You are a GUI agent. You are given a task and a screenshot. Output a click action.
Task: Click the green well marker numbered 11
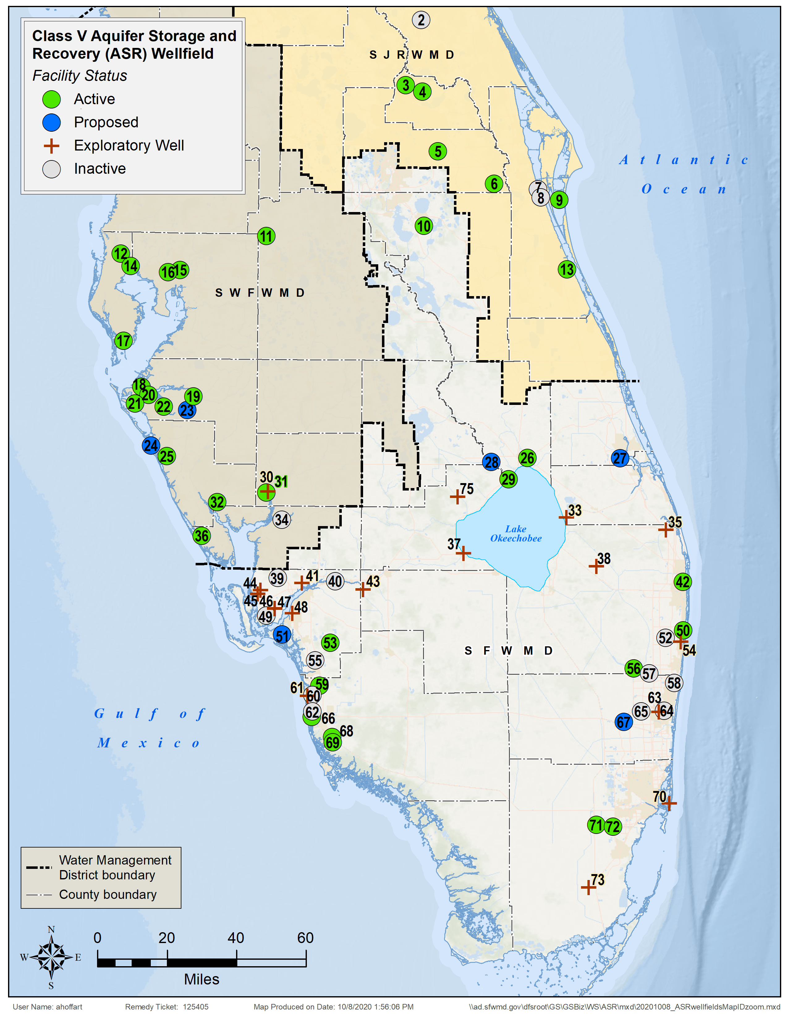(266, 236)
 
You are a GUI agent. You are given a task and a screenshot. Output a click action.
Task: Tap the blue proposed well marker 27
(620, 458)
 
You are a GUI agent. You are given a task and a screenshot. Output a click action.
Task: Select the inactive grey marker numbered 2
(421, 20)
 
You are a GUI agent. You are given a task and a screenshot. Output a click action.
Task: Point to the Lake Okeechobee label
(515, 533)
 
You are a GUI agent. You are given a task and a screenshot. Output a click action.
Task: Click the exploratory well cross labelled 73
(588, 887)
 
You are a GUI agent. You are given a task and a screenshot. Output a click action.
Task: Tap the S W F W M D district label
(260, 293)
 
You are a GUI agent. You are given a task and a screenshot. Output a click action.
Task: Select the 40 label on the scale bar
(236, 938)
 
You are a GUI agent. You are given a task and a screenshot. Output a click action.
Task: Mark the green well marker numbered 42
(682, 582)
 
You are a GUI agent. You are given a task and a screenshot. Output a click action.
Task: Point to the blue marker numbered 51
(282, 635)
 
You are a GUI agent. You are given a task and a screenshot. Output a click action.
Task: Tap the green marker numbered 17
(123, 341)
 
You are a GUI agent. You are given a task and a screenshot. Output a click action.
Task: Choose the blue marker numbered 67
(624, 722)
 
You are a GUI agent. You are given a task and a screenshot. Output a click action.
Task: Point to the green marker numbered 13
(567, 270)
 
